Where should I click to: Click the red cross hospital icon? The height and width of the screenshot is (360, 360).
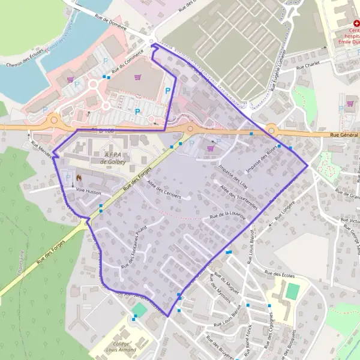[x=340, y=22]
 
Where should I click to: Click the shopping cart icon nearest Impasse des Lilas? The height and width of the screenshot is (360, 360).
[x=210, y=148]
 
